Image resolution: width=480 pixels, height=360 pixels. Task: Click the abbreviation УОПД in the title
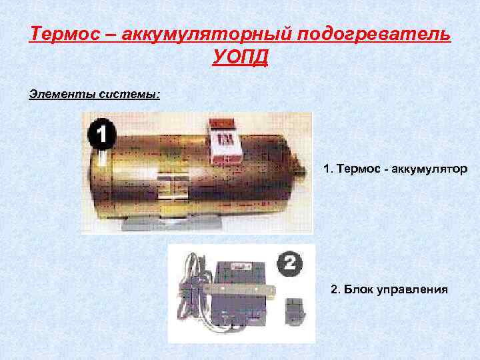(x=240, y=58)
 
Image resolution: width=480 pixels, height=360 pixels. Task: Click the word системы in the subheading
(x=129, y=94)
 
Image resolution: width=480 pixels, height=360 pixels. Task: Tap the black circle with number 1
(x=101, y=135)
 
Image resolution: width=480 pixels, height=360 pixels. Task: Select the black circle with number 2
(x=289, y=263)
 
